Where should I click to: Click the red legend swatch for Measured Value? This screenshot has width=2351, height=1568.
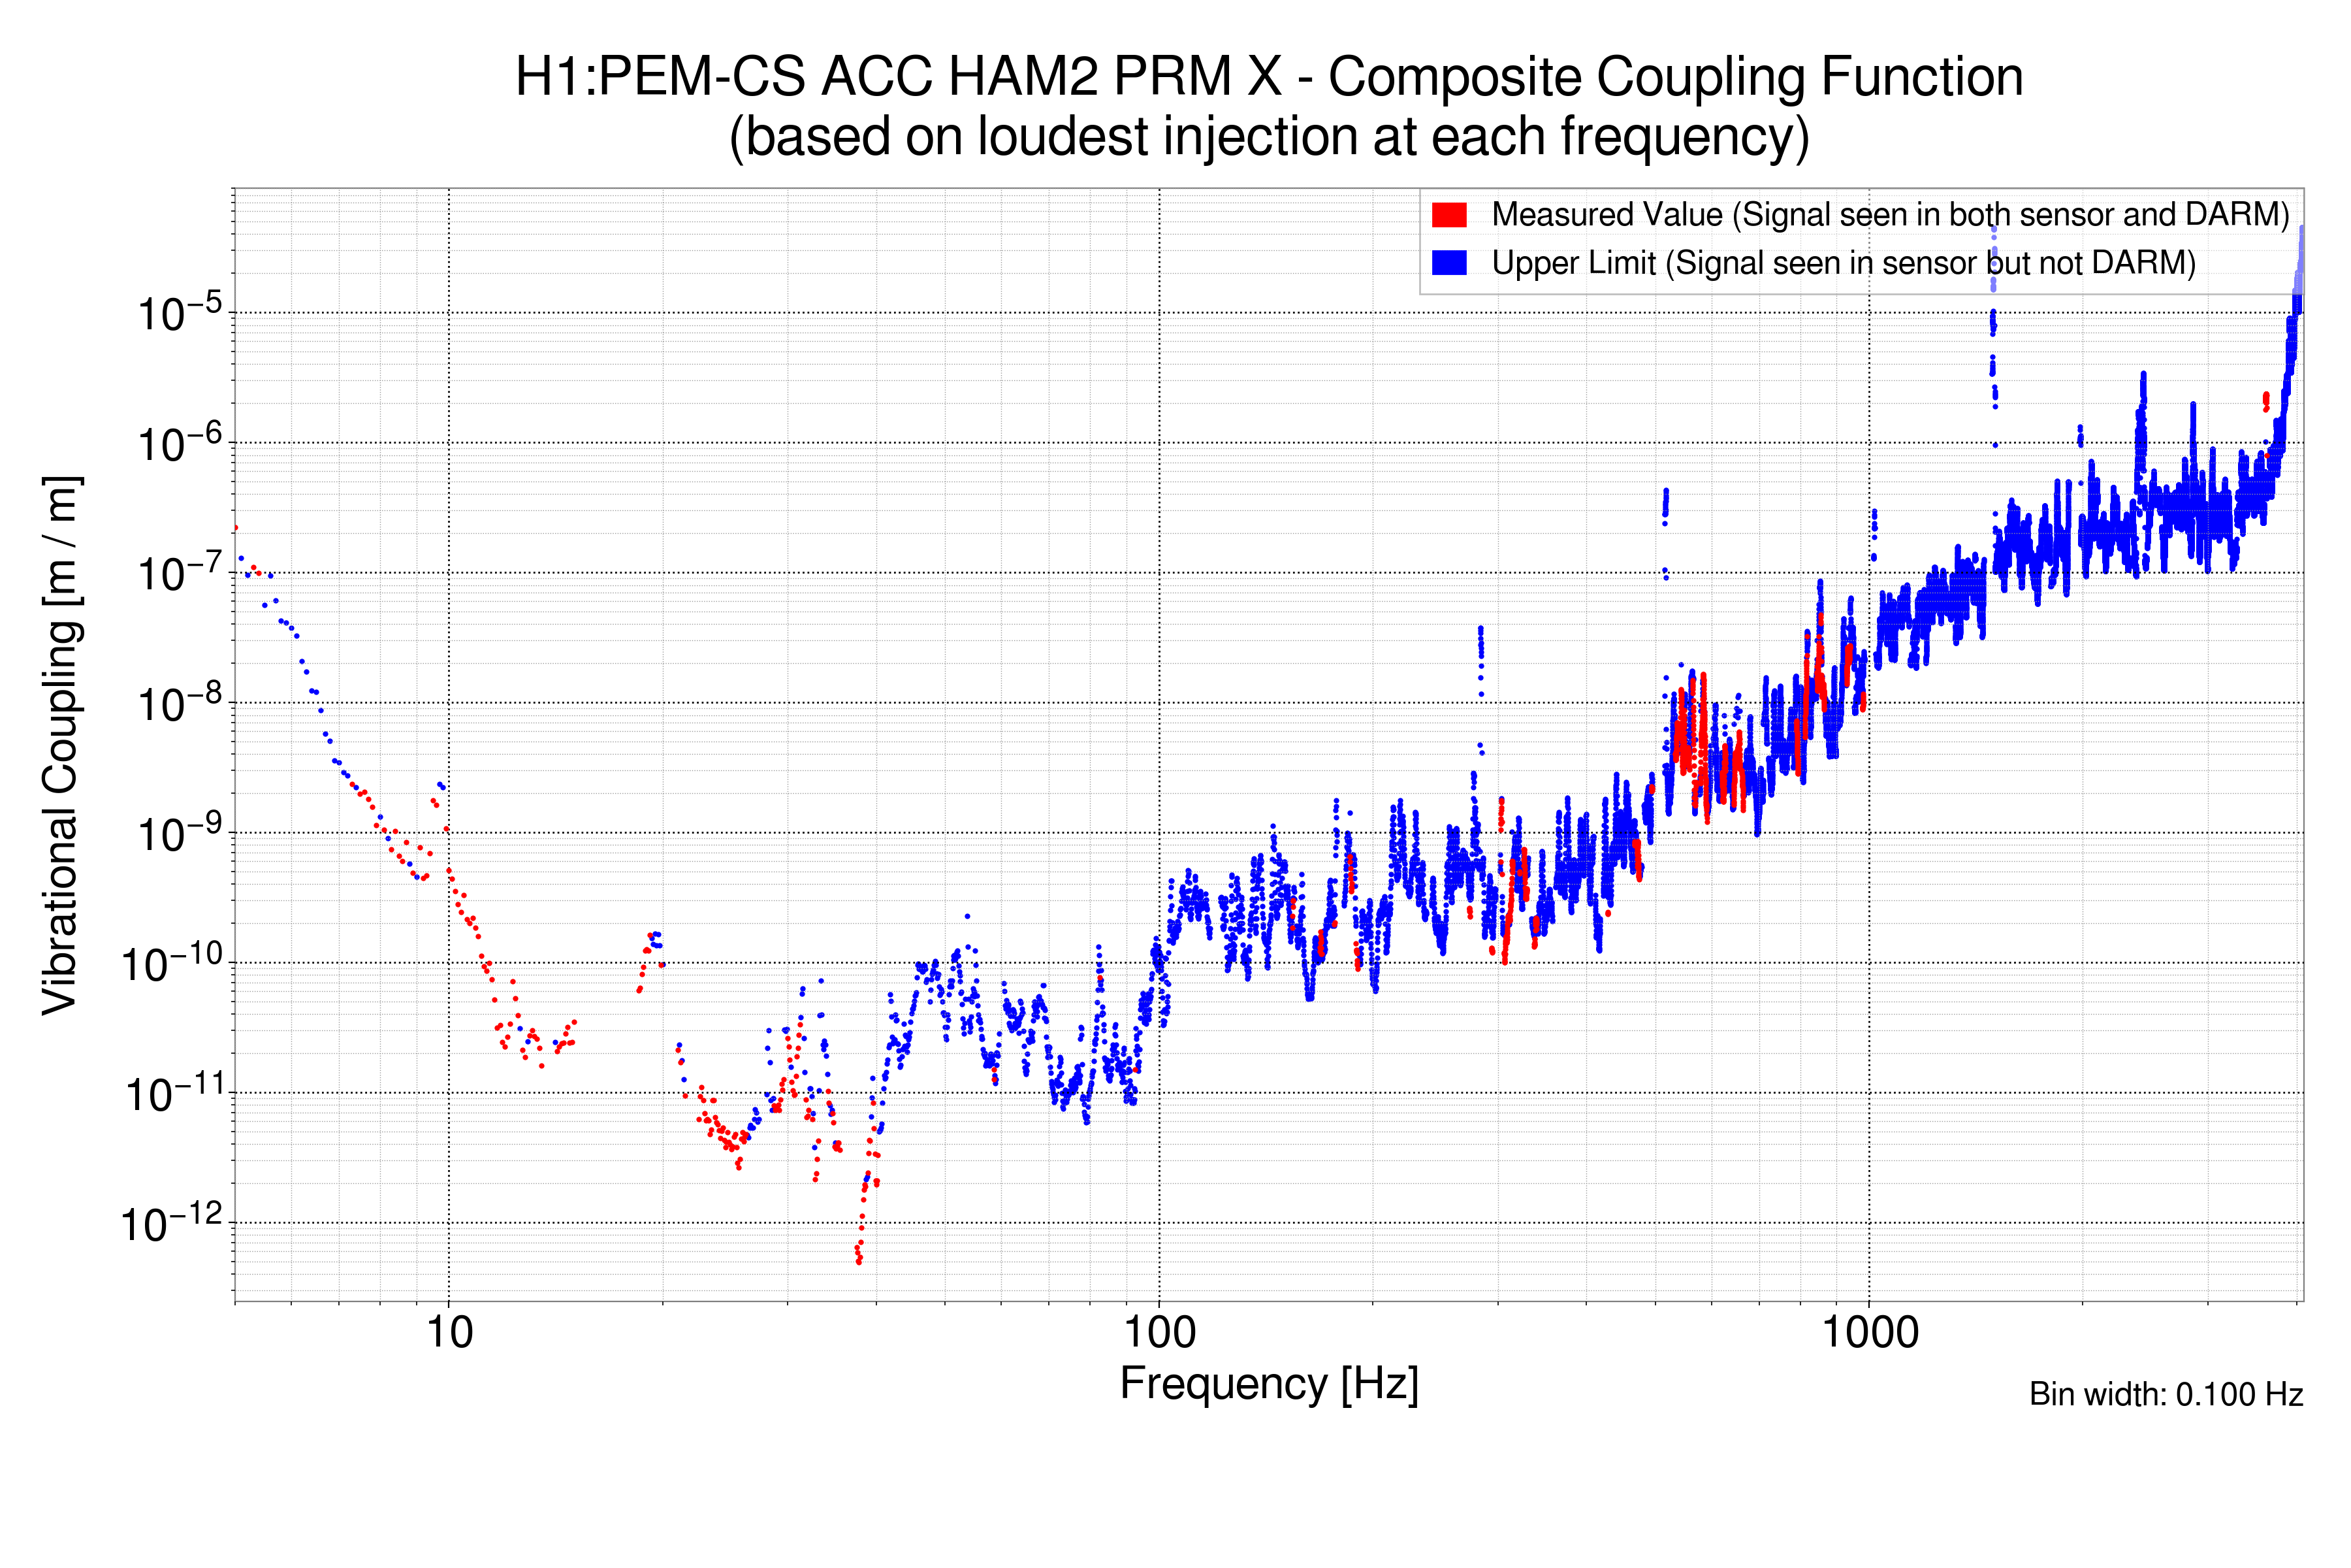1448,215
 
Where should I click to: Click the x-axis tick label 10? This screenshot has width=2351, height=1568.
449,1333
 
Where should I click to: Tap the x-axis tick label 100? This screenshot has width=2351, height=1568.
1160,1333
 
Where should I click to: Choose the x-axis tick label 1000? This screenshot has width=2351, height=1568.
1869,1333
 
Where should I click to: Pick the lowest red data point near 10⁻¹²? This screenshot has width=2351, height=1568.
859,1261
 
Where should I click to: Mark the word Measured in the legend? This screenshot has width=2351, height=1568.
1550,215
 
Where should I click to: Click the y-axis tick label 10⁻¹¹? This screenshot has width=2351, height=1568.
175,1094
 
